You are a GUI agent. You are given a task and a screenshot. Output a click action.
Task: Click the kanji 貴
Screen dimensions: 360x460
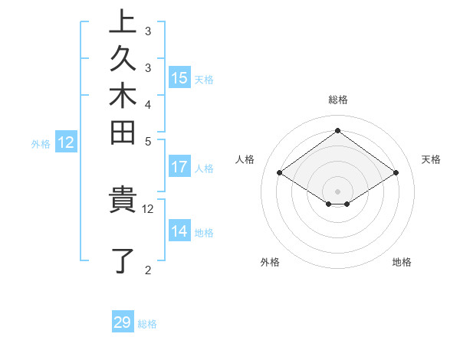[x=123, y=200]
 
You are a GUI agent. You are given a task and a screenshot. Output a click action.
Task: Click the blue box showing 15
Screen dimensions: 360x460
[x=179, y=77]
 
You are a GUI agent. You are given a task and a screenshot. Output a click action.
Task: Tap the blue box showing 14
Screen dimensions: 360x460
[x=179, y=231]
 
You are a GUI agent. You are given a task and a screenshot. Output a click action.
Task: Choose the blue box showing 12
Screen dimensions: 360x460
[x=67, y=142]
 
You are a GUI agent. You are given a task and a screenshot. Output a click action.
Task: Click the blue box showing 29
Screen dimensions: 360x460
[x=123, y=322]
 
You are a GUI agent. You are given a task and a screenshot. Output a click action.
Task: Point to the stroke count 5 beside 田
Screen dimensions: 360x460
[x=148, y=141]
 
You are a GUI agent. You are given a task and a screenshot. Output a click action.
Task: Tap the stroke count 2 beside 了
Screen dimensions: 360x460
[x=148, y=270]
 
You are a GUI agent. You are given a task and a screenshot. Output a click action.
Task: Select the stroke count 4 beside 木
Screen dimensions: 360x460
[x=148, y=103]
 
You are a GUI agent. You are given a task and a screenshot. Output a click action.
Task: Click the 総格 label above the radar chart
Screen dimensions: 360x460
[x=338, y=100]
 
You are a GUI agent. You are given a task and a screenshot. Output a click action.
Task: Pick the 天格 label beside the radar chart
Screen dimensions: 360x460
[x=432, y=159]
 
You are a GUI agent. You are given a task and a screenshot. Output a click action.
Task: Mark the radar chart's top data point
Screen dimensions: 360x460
[x=338, y=131]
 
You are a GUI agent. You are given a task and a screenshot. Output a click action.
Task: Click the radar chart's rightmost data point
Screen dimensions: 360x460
[x=396, y=173]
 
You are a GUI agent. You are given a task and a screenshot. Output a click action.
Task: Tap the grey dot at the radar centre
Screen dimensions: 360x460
[x=338, y=191]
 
